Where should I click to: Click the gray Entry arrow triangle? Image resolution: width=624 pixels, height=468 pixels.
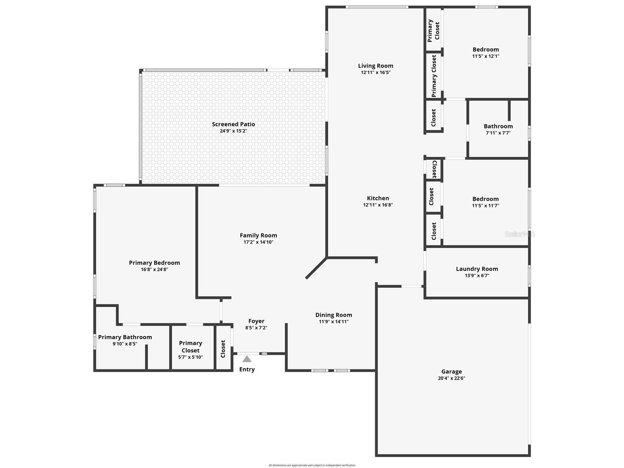pyautogui.click(x=247, y=359)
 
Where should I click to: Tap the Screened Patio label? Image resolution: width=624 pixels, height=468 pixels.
pyautogui.click(x=233, y=124)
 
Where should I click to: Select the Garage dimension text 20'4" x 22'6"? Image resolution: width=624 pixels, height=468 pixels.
pyautogui.click(x=451, y=378)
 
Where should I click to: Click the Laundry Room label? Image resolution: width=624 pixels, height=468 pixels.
pyautogui.click(x=477, y=269)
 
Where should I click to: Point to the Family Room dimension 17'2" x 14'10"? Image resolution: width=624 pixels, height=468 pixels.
pyautogui.click(x=258, y=242)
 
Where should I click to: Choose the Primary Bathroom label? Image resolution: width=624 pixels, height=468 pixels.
pyautogui.click(x=125, y=337)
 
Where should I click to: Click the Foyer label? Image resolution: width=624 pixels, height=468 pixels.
pyautogui.click(x=256, y=321)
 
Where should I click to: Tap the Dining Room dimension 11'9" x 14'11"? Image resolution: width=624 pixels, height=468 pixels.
pyautogui.click(x=334, y=321)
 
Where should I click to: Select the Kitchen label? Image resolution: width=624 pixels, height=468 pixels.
pyautogui.click(x=378, y=198)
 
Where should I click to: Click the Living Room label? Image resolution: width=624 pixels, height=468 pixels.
pyautogui.click(x=376, y=66)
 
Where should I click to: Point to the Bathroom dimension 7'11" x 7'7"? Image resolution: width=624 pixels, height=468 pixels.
pyautogui.click(x=498, y=133)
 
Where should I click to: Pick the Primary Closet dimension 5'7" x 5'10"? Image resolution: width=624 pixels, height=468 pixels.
pyautogui.click(x=190, y=357)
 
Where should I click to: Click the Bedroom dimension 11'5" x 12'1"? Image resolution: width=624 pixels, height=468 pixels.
pyautogui.click(x=485, y=56)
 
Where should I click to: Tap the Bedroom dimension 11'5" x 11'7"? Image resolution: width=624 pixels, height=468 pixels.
pyautogui.click(x=485, y=206)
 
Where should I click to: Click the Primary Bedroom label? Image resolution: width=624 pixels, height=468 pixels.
pyautogui.click(x=154, y=263)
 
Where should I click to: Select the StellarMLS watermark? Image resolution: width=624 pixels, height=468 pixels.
pyautogui.click(x=519, y=234)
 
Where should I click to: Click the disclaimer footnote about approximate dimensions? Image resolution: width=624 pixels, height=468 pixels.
pyautogui.click(x=312, y=465)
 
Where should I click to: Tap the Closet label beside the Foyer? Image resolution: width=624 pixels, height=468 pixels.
pyautogui.click(x=223, y=349)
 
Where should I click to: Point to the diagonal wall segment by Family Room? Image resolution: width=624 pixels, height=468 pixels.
pyautogui.click(x=316, y=268)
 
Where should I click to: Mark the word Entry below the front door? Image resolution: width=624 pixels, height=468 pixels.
pyautogui.click(x=247, y=369)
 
